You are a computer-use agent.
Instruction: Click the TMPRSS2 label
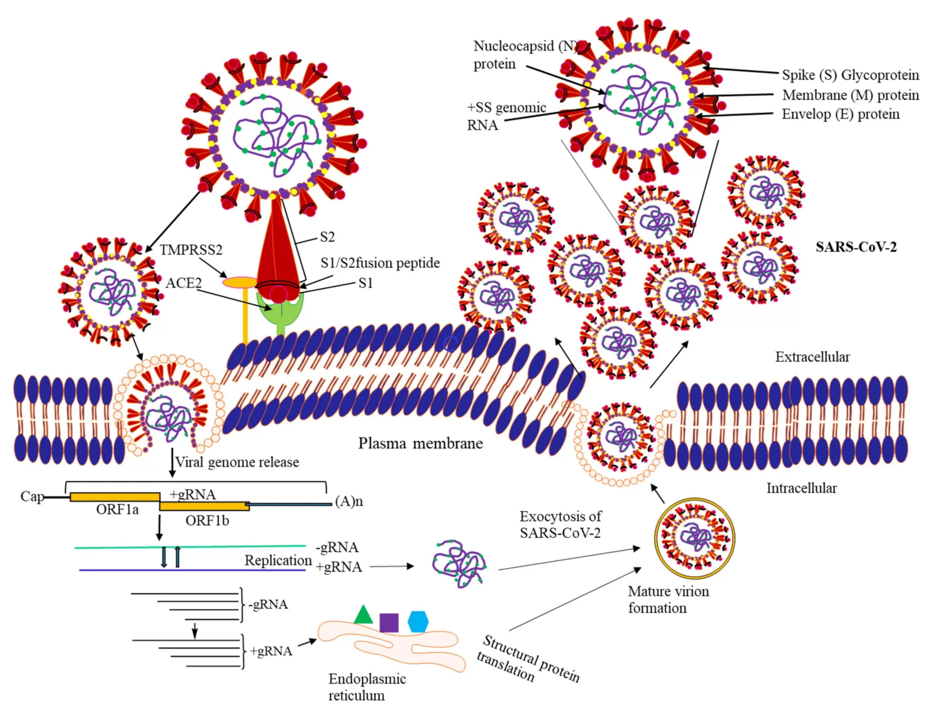191,250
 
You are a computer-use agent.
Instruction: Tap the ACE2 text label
183,283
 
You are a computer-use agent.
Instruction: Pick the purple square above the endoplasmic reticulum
389,623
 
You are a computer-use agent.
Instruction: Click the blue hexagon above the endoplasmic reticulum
418,621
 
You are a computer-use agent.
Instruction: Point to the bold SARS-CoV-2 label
856,247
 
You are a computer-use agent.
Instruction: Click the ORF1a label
117,509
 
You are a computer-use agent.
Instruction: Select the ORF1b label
207,520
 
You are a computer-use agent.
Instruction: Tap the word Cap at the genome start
32,496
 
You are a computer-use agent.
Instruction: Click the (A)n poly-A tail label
349,501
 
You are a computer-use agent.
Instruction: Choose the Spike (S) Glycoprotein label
850,75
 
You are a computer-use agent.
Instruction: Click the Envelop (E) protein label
840,114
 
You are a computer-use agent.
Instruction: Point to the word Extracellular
812,357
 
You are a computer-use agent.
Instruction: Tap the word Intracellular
801,488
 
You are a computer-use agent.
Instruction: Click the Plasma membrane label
420,443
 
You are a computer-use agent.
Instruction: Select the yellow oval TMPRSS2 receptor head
239,282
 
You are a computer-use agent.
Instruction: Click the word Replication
278,560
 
